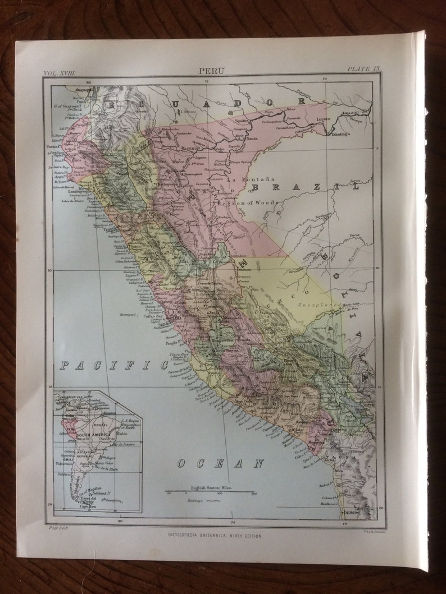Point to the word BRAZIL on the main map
[304, 186]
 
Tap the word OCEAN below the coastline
[220, 463]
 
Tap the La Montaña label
[245, 179]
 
